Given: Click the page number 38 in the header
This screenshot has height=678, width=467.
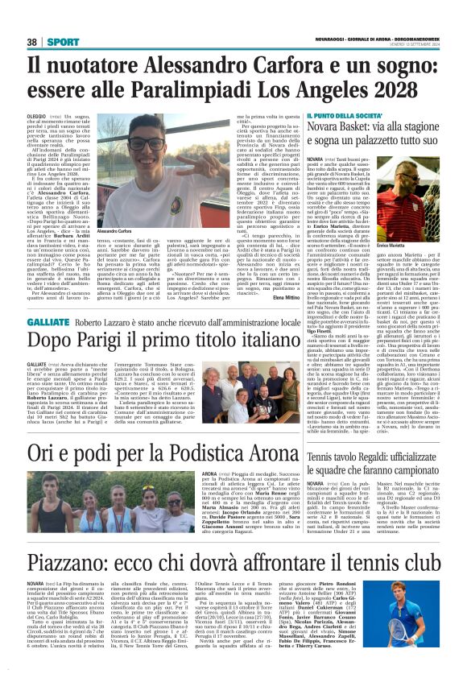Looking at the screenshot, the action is tap(32, 42).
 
